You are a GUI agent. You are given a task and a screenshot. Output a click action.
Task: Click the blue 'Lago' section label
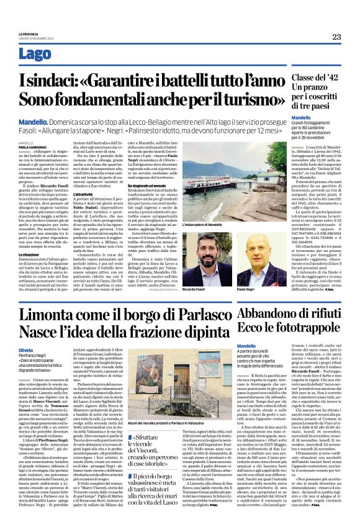coord(35,54)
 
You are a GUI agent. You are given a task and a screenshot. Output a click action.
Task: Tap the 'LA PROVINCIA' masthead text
coord(30,33)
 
